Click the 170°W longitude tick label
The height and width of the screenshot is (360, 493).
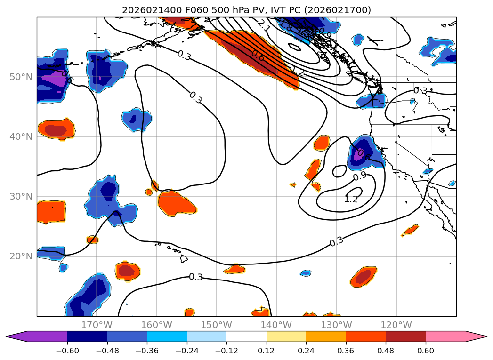coord(97,325)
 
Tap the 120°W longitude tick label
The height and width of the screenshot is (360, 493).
coord(396,325)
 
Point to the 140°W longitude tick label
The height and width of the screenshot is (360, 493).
coord(276,325)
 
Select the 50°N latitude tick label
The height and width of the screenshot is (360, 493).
coord(21,77)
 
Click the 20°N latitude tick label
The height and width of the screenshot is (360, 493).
coord(21,256)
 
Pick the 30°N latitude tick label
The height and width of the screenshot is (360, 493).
coord(21,196)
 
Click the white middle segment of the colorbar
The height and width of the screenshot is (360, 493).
coord(246,336)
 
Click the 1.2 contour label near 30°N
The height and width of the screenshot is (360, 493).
coord(351,199)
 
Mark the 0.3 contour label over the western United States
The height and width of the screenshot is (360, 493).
coord(420,91)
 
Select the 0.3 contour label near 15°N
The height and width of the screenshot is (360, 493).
coord(195,277)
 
